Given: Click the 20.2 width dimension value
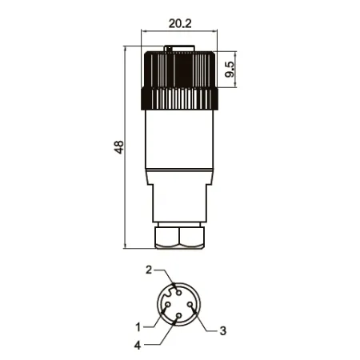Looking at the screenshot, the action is (x=180, y=24).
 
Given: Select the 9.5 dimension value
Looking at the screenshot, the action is (x=230, y=70).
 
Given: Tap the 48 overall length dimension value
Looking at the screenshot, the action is (x=119, y=147).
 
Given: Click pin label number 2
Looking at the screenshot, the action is (x=149, y=270).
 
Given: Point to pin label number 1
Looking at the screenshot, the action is (x=138, y=327).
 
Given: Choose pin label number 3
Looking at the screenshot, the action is (x=223, y=330).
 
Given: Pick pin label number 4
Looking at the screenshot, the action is (x=138, y=346).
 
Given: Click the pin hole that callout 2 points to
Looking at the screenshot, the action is (x=179, y=293).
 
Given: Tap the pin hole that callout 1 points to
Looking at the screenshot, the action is (x=168, y=304).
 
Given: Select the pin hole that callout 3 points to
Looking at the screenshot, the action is (x=190, y=304).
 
